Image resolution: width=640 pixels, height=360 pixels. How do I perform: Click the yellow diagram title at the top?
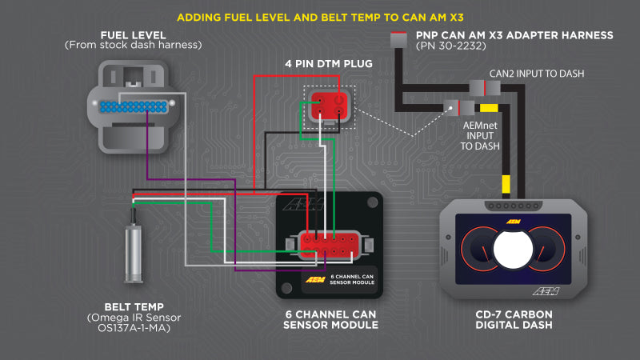tap(320, 16)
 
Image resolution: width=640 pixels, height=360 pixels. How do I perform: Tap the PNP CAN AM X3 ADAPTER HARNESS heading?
tap(514, 35)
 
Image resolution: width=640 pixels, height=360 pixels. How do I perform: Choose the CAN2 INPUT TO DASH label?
tap(537, 74)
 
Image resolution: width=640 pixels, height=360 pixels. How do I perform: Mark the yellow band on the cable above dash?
tap(506, 186)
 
